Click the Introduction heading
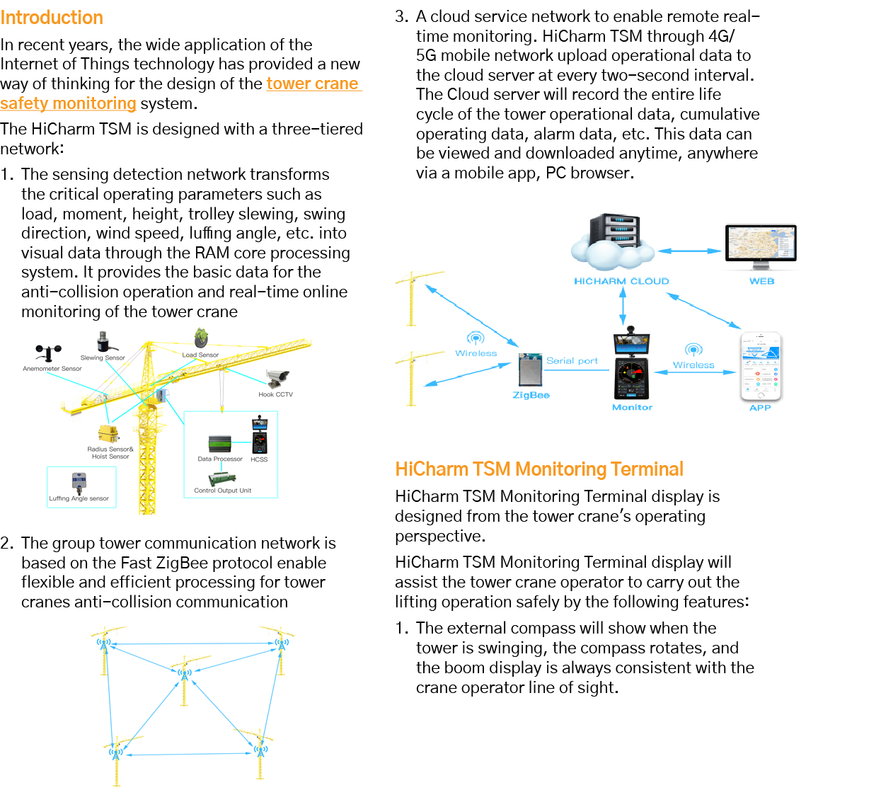point(52,18)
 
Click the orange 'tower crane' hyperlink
point(313,84)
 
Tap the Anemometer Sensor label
point(52,369)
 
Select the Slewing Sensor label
point(103,357)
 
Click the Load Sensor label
point(200,355)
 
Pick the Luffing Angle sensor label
point(79,498)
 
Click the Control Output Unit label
point(222,491)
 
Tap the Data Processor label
point(219,459)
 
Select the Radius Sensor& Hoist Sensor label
point(110,453)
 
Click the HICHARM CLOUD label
point(621,281)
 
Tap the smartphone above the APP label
point(760,366)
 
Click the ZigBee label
point(531,395)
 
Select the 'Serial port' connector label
point(572,361)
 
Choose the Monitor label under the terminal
point(632,408)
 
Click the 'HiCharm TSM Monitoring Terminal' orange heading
point(539,469)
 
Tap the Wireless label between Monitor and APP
point(693,365)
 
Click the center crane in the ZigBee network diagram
point(185,680)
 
